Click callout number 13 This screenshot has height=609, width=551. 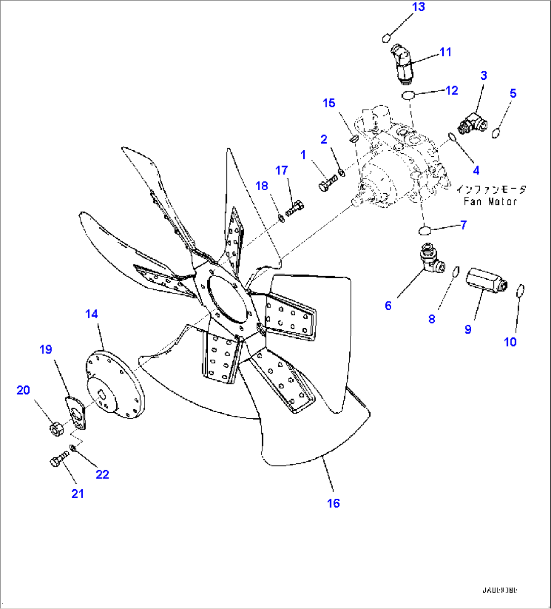coord(418,7)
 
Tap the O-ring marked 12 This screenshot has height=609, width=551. coord(408,95)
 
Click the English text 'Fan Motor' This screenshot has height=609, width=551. coord(490,201)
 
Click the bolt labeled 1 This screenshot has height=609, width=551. coord(327,183)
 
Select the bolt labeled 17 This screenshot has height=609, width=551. coord(296,208)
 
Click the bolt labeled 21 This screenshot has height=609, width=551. coord(59,459)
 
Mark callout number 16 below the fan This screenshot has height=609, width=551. coord(333,503)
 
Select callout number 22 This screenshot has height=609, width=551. coord(102,474)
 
